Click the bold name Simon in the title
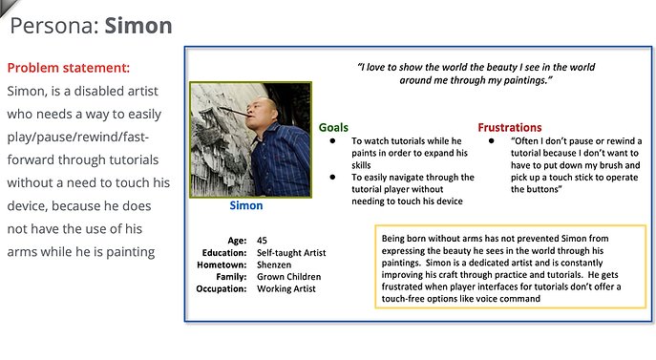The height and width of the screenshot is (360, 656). tap(138, 26)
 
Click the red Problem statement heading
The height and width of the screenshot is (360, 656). tap(68, 68)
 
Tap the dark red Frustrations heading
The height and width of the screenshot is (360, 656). tap(510, 127)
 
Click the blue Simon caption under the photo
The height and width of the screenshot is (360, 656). tap(246, 205)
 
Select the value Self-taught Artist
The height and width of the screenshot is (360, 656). tap(291, 252)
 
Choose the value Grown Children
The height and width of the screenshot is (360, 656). tap(289, 277)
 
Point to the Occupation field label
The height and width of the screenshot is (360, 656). tap(222, 288)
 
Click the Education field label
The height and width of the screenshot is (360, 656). tap(225, 252)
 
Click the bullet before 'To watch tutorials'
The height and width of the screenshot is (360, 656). tap(332, 141)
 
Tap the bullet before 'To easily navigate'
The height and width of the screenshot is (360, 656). tap(332, 177)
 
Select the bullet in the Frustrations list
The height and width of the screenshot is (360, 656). tap(491, 141)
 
